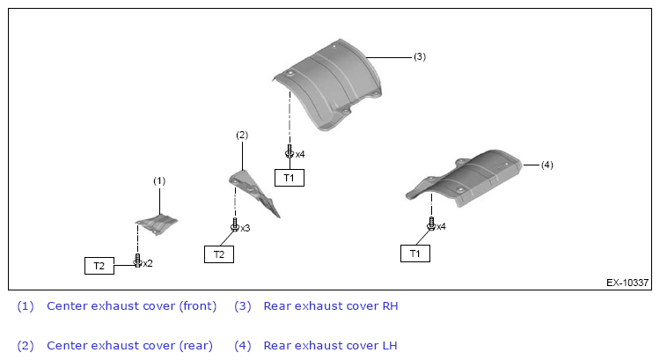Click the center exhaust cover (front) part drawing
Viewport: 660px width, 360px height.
(156, 223)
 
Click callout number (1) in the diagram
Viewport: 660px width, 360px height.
(159, 180)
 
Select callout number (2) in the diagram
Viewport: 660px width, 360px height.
(242, 135)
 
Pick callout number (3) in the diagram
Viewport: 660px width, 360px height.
(420, 56)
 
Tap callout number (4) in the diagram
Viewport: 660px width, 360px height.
(546, 165)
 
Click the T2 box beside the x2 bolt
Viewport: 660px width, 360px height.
(99, 265)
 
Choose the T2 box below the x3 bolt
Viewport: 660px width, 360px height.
(219, 254)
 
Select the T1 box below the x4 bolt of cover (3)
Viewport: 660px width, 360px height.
(290, 178)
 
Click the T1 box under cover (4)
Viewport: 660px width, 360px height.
(415, 253)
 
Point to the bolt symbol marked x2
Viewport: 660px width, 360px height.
(137, 261)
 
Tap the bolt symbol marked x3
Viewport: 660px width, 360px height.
(234, 226)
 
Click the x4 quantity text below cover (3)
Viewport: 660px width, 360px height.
(300, 154)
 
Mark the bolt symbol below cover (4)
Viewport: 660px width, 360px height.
(430, 225)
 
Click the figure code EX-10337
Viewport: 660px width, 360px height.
(627, 283)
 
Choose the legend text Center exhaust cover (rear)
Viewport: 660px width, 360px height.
(129, 345)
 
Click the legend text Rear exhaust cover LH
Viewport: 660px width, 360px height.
(330, 345)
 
